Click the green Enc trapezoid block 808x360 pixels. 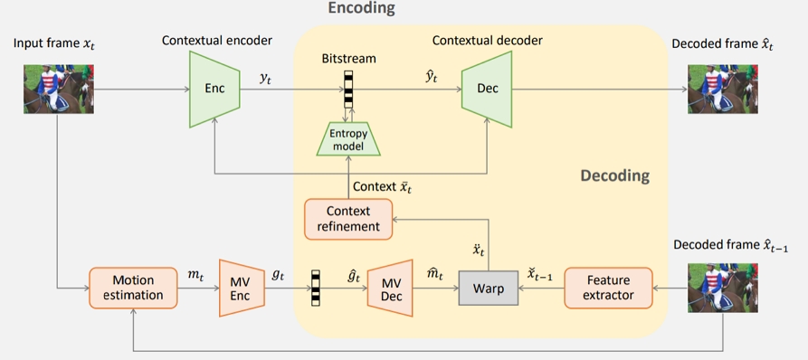point(214,89)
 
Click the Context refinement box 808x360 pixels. point(348,218)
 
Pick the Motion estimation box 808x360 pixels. point(133,287)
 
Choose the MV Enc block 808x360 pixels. point(240,288)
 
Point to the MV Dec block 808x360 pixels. point(389,288)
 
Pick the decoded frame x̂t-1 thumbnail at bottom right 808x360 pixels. point(722,287)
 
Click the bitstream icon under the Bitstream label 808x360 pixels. point(348,89)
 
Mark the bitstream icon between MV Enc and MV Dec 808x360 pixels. point(315,288)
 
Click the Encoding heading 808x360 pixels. point(361,9)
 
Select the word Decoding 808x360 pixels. point(614,175)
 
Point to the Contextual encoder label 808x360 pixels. point(216,41)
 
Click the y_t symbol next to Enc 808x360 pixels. point(266,79)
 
